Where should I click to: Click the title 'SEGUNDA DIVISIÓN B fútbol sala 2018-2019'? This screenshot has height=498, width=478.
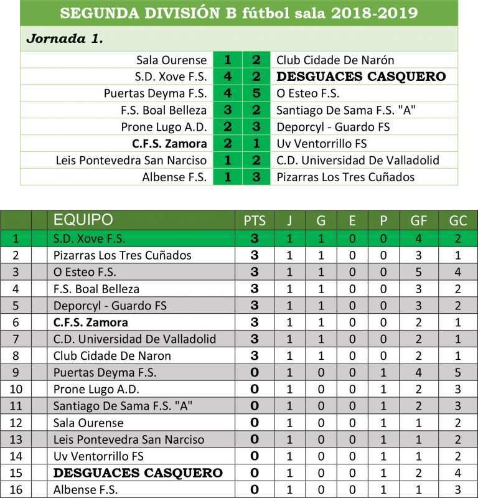point(239,13)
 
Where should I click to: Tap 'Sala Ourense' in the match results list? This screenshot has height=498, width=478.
point(171,60)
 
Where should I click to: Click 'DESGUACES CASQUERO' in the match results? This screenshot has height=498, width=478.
point(361,77)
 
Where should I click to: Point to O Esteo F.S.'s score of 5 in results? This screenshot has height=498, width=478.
point(256,94)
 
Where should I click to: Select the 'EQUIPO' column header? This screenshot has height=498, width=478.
point(83,220)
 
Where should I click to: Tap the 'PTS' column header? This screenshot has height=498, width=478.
point(254,220)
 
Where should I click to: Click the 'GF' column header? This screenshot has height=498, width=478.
point(418,220)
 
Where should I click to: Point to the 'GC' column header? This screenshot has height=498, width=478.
point(457,220)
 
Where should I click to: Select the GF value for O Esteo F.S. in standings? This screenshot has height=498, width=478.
point(418,272)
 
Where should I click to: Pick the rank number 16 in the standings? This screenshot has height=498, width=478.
point(16,490)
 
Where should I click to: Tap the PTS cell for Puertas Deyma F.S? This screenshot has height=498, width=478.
point(254,373)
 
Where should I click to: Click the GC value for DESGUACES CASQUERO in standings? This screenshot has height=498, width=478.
point(457,473)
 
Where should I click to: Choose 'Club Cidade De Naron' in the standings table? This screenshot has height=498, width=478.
point(112,356)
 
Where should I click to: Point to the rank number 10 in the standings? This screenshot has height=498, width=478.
point(16,390)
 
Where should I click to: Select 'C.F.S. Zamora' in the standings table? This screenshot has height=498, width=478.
point(91,322)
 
